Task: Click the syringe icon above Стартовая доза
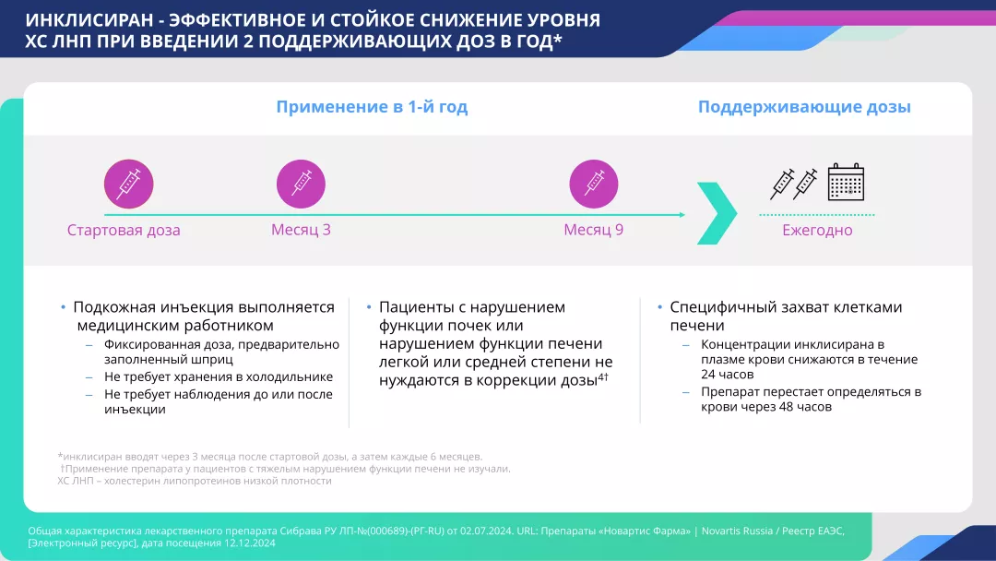pos(127,184)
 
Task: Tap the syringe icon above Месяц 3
pos(301,184)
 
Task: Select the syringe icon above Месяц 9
pos(594,184)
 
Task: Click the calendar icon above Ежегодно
pos(846,183)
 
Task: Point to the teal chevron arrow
pos(717,213)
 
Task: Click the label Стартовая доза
pos(124,230)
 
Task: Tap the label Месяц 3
pos(301,230)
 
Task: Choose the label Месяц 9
pos(593,230)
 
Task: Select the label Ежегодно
pos(817,230)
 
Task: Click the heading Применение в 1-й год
pos(372,107)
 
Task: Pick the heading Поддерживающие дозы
pos(804,107)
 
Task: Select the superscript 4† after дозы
pos(603,376)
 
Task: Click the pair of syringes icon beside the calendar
pos(794,183)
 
